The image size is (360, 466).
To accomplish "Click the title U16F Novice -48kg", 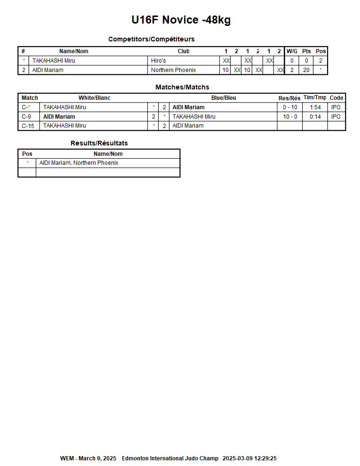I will [181, 20].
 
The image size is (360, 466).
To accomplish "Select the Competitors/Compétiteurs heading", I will [151, 39].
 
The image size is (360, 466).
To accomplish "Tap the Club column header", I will [184, 51].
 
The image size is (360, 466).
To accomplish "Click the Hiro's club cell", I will [159, 61].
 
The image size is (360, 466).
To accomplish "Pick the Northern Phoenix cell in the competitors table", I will [173, 70].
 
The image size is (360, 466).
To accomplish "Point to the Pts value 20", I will [306, 70].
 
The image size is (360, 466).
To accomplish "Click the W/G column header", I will [292, 51].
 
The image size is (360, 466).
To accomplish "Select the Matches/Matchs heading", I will [182, 87].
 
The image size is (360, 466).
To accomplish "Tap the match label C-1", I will [26, 107].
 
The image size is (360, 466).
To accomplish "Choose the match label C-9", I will [26, 117].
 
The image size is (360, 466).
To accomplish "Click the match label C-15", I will [28, 126].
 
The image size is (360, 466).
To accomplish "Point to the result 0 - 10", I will [290, 107].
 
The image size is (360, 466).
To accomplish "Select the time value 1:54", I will [315, 107].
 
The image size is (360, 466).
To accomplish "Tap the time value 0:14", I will [315, 117].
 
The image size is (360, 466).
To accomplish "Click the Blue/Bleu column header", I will [224, 98].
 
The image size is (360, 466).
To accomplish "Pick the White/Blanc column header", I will [94, 98].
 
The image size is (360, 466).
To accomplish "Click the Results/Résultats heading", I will [99, 143].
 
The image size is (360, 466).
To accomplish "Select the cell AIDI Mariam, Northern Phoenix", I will [79, 163].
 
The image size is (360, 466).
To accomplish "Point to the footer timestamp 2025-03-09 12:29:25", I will [249, 458].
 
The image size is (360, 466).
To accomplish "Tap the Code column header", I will [336, 98].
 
